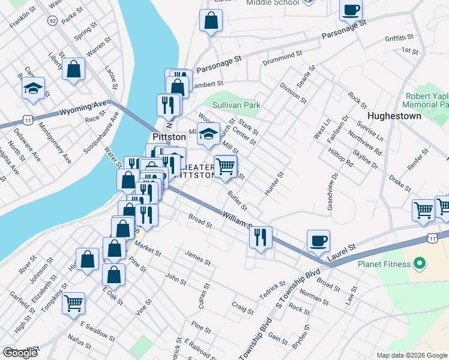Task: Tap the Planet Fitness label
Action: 383,263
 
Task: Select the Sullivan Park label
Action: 237,105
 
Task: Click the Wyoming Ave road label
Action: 82,111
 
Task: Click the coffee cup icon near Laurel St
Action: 318,241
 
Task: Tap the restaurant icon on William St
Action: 261,237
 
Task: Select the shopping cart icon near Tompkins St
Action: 74,302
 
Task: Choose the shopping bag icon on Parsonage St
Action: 211,22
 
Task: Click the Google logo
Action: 19,352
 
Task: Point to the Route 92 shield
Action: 53,21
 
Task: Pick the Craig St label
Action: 243,308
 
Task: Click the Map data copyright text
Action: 411,355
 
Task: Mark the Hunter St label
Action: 274,183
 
